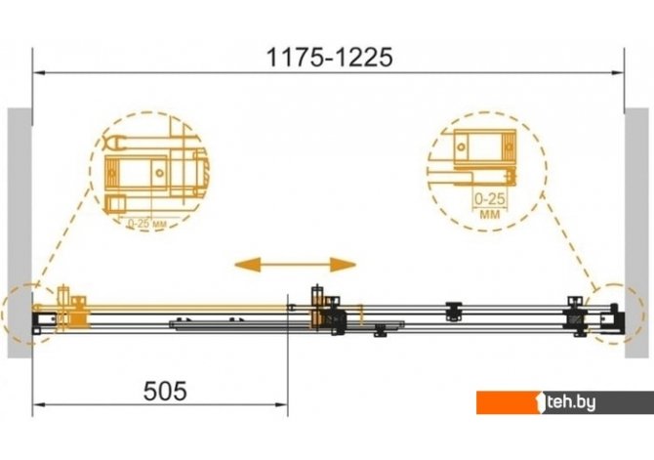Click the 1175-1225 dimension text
[329, 58]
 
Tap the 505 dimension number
[165, 391]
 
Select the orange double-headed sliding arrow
[296, 265]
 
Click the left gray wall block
[20, 232]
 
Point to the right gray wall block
[636, 232]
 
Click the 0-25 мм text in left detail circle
[147, 225]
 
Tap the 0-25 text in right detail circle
[490, 199]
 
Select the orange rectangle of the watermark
[510, 402]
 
